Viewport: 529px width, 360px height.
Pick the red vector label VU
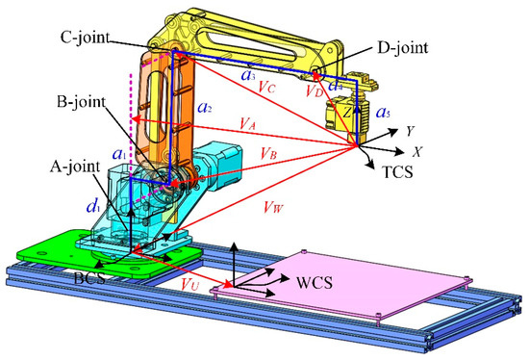189,287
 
